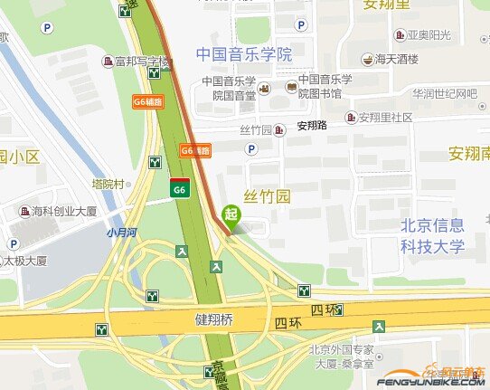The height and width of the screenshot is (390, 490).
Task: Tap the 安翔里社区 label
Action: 385,118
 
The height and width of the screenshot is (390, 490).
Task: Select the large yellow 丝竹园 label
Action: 268,196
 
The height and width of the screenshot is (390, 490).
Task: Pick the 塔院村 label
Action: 114,183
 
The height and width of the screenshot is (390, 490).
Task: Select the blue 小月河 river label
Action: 121,232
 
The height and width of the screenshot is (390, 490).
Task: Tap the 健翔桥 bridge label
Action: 214,319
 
